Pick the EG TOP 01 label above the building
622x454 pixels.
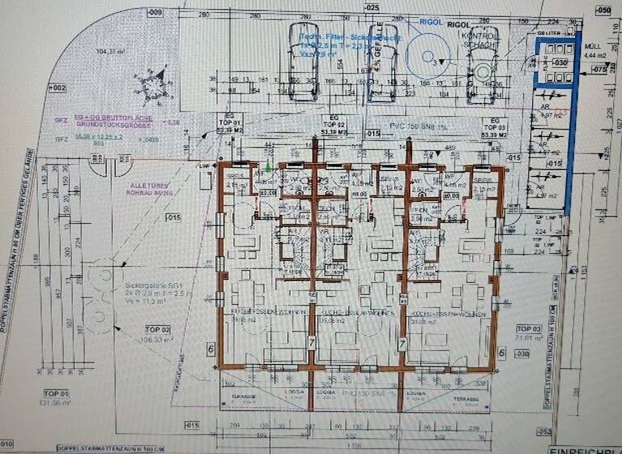pyautogui.click(x=231, y=124)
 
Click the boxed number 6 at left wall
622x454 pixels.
pyautogui.click(x=211, y=348)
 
